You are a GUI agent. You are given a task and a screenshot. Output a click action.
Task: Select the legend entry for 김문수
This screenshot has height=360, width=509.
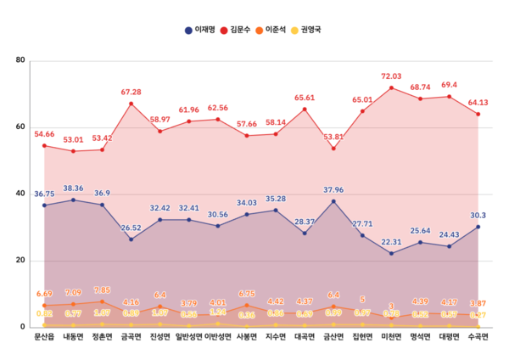244,30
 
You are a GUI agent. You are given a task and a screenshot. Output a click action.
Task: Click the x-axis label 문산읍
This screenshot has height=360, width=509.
44,337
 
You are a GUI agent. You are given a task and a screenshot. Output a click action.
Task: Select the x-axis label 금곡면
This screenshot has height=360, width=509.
131,337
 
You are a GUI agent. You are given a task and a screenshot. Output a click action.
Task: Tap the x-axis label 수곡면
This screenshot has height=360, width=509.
478,337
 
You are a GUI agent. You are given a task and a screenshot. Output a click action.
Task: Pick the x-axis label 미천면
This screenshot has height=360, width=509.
391,337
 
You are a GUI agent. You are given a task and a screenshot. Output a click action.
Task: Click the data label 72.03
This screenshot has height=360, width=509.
391,76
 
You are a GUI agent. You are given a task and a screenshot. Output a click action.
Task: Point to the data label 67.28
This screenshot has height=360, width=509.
131,92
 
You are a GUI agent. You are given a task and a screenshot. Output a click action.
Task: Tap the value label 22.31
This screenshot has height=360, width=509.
391,242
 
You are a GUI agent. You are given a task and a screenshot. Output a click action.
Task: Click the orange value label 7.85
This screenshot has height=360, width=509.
102,290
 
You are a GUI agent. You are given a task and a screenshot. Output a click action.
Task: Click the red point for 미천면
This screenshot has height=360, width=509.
391,87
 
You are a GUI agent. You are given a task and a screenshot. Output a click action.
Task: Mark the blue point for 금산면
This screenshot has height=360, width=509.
333,201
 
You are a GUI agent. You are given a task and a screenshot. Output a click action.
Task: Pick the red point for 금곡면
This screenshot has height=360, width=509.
131,104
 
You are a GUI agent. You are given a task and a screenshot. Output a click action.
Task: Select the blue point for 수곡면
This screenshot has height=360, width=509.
478,227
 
